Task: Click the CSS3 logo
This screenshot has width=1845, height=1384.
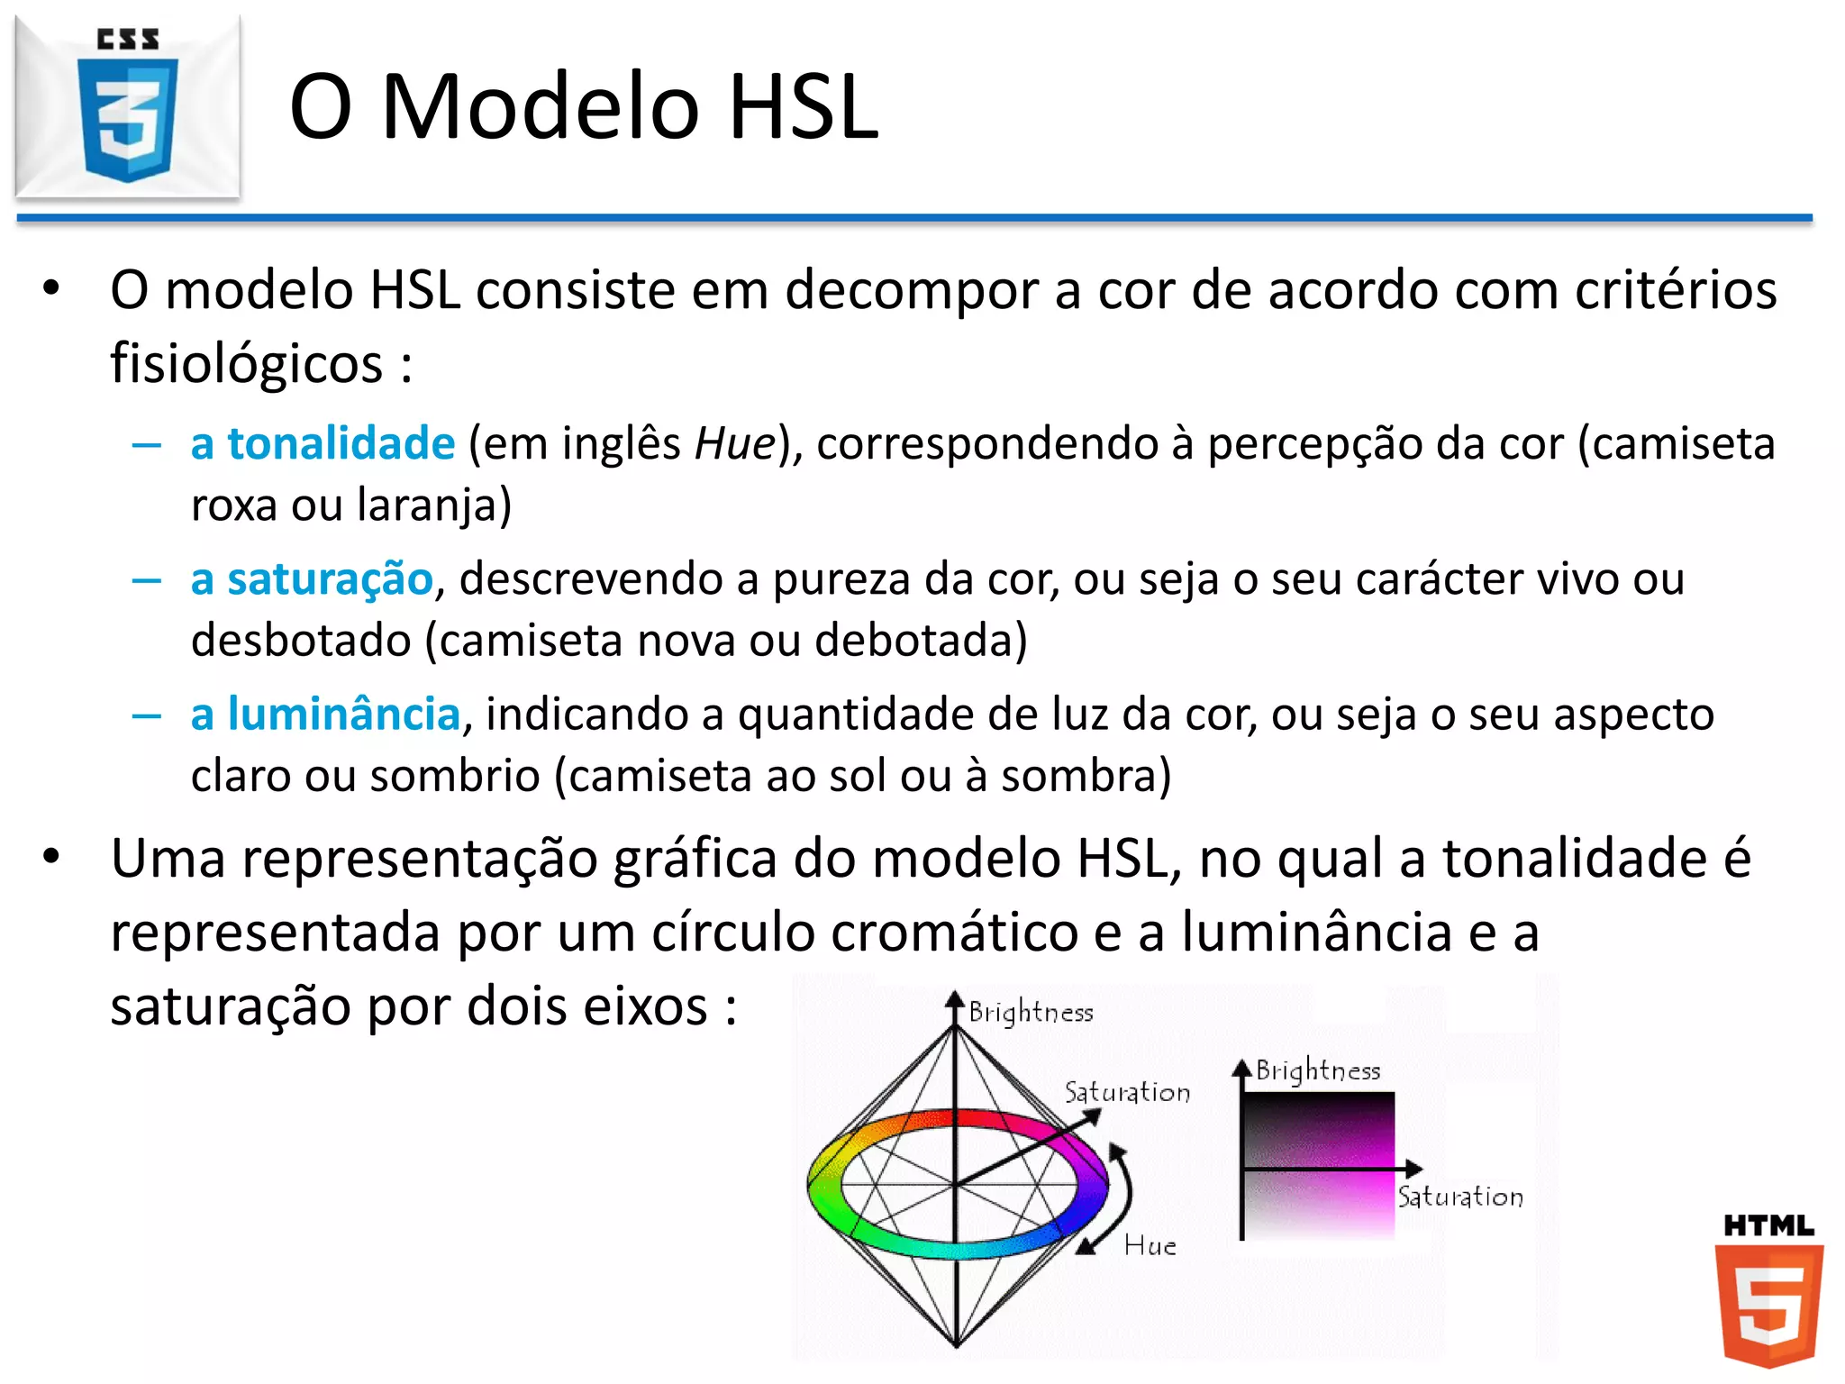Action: (x=128, y=106)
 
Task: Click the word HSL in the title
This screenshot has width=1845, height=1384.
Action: (x=803, y=106)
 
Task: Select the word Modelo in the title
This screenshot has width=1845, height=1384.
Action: (x=541, y=106)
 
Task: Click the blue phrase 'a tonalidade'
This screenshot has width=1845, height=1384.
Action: (x=323, y=443)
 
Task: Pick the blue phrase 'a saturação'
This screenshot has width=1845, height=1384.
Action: (x=312, y=578)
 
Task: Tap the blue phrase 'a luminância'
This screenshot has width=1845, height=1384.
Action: (x=325, y=714)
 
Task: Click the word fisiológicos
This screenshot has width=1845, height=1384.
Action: (x=246, y=364)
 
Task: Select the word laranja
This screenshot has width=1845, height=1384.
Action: (x=433, y=505)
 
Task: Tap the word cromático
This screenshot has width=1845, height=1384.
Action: (x=955, y=932)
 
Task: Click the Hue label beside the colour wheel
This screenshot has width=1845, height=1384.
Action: (x=1150, y=1246)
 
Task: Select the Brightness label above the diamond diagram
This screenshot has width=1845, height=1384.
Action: (x=1031, y=1013)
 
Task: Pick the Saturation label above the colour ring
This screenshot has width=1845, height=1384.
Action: (x=1127, y=1092)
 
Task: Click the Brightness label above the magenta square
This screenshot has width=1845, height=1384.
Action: (x=1318, y=1070)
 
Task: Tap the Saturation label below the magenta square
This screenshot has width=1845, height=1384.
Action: (x=1459, y=1197)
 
